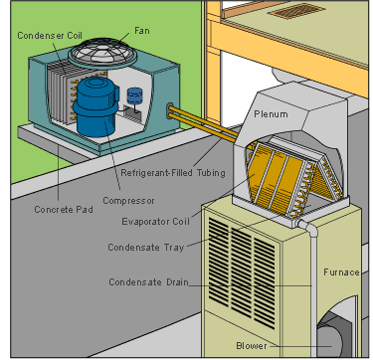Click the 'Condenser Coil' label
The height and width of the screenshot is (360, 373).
[x=50, y=36]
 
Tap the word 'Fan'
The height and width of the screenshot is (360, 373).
[x=142, y=31]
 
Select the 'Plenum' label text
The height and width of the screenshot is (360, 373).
[x=271, y=114]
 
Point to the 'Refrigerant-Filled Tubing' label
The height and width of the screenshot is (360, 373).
[x=173, y=173]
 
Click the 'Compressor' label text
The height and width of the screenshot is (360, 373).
[x=128, y=201]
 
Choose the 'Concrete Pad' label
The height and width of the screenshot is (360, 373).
[x=64, y=210]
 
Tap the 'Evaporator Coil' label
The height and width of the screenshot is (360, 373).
[x=155, y=222]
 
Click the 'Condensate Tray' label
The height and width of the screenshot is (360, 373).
[x=146, y=248]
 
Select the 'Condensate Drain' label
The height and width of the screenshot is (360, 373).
[x=148, y=282]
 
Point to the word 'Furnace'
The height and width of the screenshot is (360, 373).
[x=341, y=272]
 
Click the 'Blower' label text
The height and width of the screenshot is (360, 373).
[x=252, y=346]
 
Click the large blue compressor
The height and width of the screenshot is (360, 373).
[x=95, y=106]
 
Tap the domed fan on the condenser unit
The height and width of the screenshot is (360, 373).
[x=102, y=53]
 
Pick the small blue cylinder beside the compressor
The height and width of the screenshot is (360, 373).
[x=134, y=96]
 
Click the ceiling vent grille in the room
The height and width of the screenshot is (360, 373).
[x=296, y=11]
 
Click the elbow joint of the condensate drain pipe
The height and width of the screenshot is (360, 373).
[x=309, y=228]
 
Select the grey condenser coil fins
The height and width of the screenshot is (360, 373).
[x=63, y=92]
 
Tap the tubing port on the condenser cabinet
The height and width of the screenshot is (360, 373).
[x=170, y=111]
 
